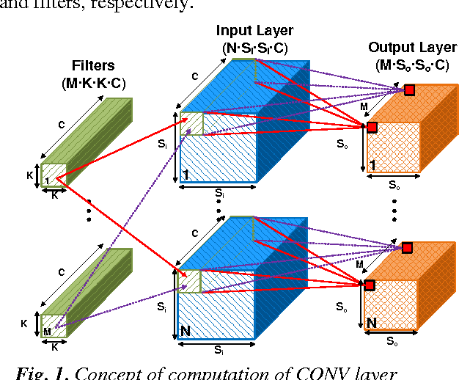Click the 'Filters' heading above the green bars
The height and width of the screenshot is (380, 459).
[93, 66]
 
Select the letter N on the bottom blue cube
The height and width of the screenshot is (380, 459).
[186, 332]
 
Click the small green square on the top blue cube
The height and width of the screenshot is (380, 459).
[191, 123]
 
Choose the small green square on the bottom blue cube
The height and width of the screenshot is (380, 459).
[191, 281]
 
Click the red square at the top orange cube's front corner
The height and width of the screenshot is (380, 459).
[372, 128]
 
